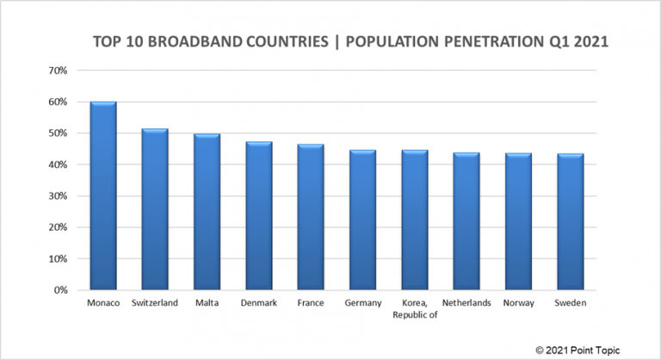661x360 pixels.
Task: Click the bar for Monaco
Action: coord(103,196)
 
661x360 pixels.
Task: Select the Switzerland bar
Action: coord(155,209)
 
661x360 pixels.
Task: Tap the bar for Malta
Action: coord(207,212)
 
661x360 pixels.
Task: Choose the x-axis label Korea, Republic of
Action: coord(414,308)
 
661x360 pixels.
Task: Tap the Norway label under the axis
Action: coord(518,303)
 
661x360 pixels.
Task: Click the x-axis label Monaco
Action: coord(103,303)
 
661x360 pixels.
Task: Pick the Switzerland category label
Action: coord(155,303)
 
